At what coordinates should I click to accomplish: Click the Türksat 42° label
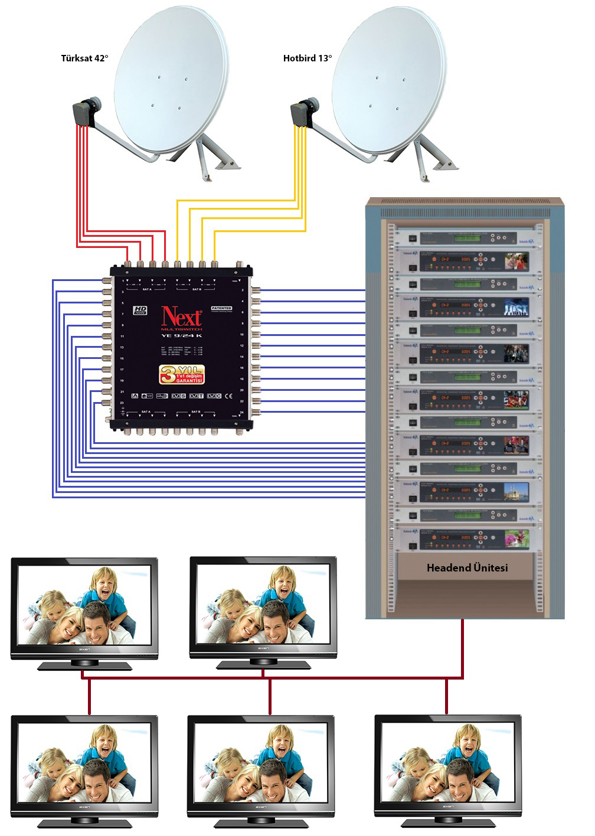tap(84, 58)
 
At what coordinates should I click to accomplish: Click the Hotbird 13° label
tap(307, 58)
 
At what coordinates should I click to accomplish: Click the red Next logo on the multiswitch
tap(182, 316)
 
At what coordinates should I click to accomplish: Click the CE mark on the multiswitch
tap(231, 396)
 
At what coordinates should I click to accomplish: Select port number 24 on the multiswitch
tap(242, 412)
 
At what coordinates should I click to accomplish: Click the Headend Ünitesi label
tap(467, 568)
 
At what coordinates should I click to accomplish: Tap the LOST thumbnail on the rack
tap(516, 306)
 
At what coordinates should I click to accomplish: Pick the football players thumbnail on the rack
tap(516, 399)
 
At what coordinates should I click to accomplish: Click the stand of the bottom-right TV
tap(447, 821)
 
